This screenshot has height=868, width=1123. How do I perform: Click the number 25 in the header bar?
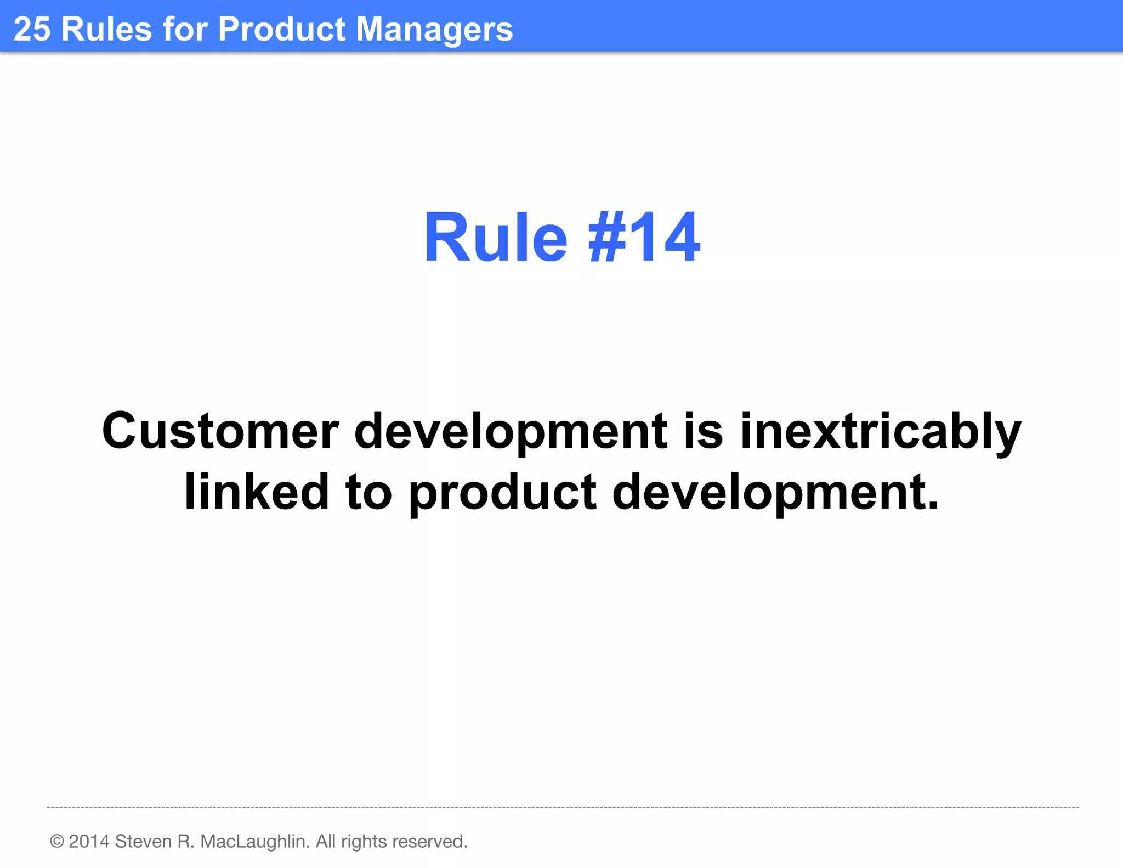32,29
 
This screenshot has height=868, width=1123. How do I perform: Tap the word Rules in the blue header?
106,29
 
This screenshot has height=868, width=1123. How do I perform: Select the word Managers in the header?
434,30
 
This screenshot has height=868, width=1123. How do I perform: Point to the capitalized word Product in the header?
282,29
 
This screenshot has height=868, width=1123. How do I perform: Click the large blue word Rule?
495,238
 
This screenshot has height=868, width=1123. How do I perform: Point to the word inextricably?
881,431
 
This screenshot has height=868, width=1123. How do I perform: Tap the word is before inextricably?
704,431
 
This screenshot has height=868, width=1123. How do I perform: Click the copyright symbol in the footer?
57,841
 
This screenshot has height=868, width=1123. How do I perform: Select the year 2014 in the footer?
89,841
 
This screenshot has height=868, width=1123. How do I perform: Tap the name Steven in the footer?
144,841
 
